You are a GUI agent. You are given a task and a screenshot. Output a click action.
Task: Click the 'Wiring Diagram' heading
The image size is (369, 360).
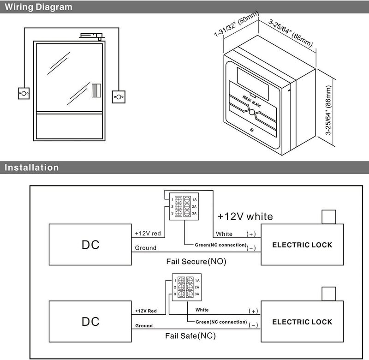tap(38, 7)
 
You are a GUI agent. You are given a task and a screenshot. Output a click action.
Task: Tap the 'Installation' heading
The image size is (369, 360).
tap(31, 168)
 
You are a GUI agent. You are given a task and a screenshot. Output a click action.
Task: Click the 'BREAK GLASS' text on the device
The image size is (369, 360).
tap(251, 101)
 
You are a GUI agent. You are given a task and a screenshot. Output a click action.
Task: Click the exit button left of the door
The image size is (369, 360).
tap(24, 94)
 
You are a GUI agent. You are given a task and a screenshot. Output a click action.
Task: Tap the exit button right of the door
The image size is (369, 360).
tap(119, 97)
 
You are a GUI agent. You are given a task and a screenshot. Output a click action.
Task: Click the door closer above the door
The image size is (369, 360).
tap(92, 36)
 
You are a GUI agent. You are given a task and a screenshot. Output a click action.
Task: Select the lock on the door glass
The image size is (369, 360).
tap(96, 90)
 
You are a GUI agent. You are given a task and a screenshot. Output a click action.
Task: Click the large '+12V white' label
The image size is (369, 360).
tap(245, 216)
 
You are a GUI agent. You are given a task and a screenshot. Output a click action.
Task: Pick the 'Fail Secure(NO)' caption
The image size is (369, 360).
tap(196, 261)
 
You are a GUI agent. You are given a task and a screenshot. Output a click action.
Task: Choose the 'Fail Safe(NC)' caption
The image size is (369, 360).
tap(190, 336)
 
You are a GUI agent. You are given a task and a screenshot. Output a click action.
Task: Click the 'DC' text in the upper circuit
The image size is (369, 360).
tap(90, 245)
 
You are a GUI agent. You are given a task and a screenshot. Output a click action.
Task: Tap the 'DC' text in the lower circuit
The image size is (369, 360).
tap(90, 321)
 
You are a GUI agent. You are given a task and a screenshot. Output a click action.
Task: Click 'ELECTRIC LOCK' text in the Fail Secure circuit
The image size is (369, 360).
tap(302, 245)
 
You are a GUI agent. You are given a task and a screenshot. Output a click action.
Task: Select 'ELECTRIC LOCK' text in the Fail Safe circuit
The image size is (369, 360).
tap(302, 322)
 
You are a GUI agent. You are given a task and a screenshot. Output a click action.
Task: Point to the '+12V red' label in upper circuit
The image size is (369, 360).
tap(148, 234)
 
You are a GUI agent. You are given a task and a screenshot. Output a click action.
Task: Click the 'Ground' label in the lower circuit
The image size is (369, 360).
tap(144, 326)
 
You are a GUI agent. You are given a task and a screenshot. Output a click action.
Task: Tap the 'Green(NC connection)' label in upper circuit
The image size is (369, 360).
tap(220, 245)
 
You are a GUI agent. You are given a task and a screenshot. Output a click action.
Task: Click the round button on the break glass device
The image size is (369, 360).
tap(252, 112)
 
